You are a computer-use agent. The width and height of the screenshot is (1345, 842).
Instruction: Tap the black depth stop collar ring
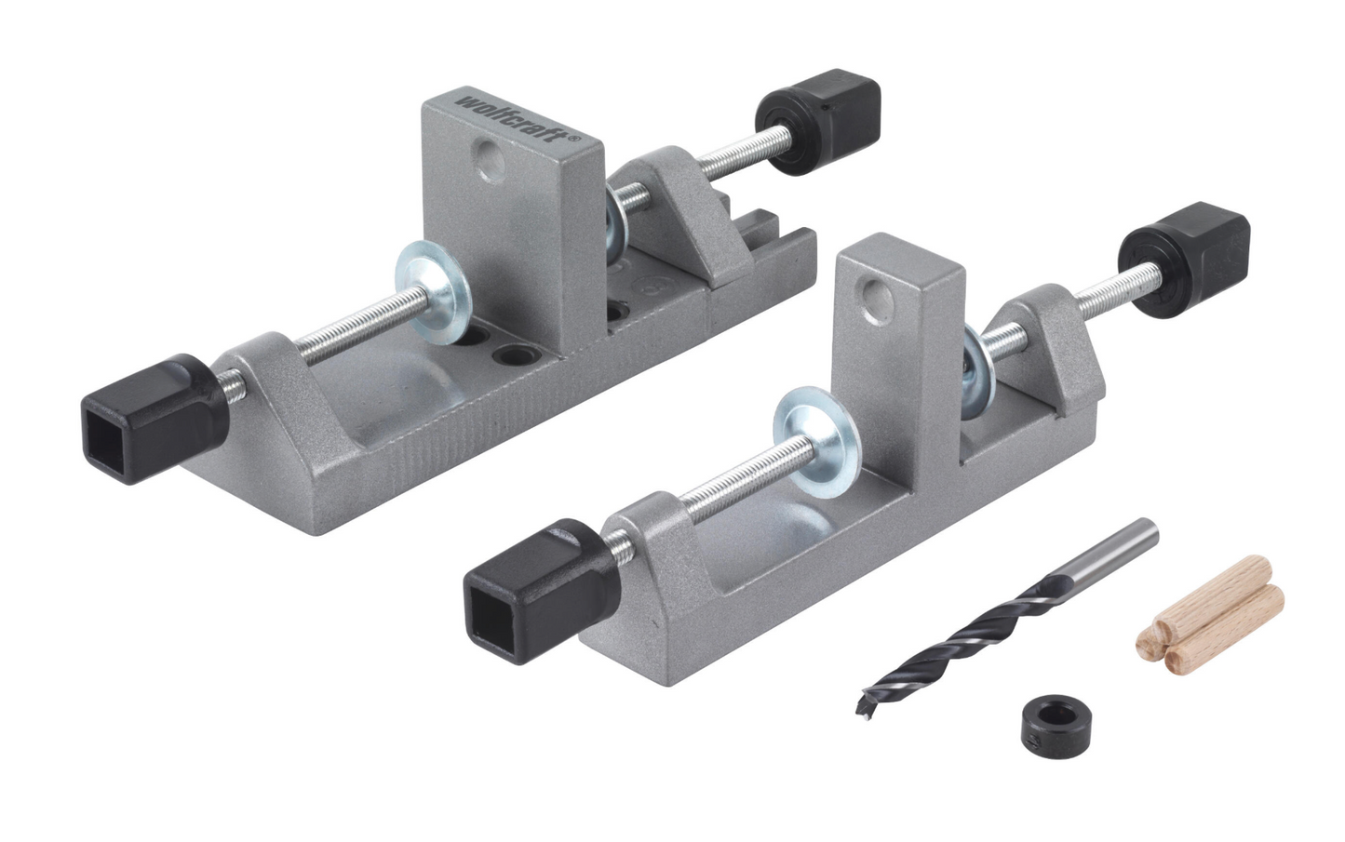point(1056,717)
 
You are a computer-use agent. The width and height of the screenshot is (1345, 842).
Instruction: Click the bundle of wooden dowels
point(1210,622)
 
